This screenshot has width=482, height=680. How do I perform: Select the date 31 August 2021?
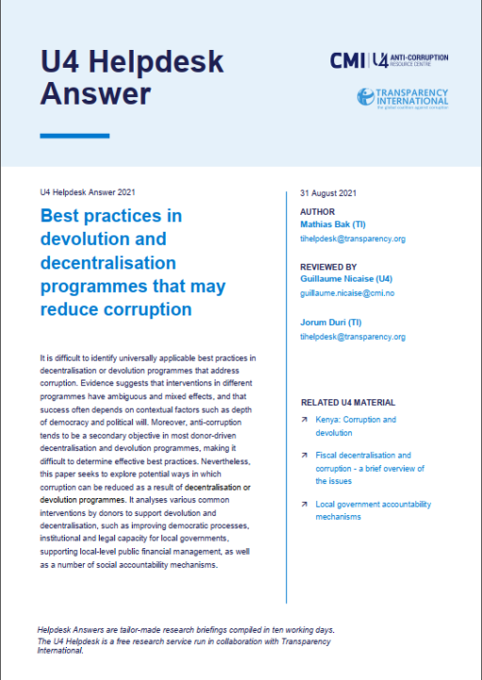[x=325, y=193]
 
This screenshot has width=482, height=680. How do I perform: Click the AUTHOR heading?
[x=316, y=212]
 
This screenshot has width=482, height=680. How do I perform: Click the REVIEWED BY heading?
[x=328, y=267]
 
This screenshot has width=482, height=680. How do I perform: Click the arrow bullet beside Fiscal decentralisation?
[x=304, y=455]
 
